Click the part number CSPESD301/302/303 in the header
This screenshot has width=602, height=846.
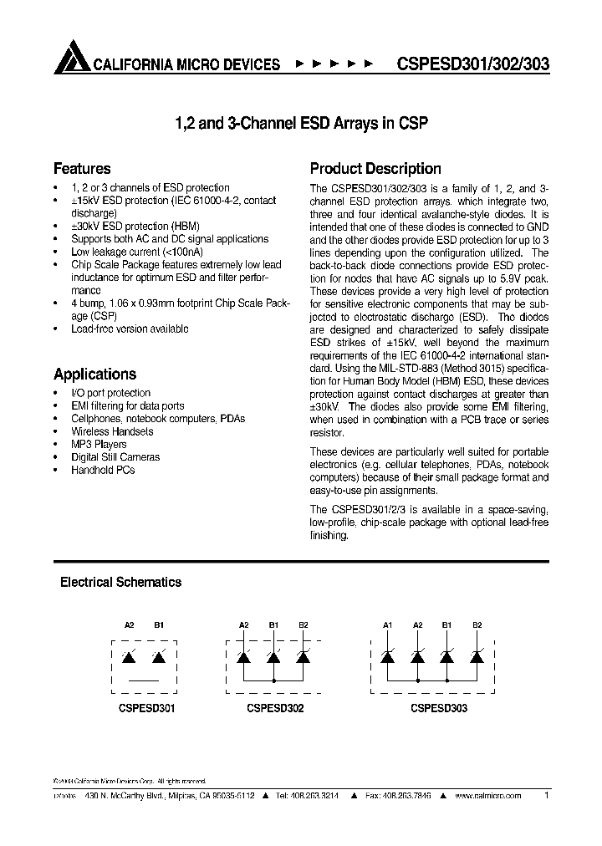[x=472, y=64]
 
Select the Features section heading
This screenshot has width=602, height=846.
[x=82, y=168]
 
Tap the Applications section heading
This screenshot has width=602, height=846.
[x=94, y=374]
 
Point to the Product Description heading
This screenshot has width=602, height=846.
[x=375, y=168]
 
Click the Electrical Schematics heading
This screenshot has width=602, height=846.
[x=120, y=582]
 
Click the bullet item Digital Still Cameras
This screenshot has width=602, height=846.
[x=115, y=457]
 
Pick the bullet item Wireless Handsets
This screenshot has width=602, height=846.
[x=112, y=431]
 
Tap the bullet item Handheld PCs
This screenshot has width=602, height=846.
[x=103, y=470]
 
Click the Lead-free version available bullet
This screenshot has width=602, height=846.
[x=130, y=329]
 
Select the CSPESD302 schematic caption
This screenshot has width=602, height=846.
[x=275, y=708]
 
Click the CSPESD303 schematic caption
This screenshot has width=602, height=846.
[x=439, y=708]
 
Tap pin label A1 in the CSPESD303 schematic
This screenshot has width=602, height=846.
[x=387, y=624]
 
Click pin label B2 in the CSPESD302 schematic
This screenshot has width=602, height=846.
[x=304, y=624]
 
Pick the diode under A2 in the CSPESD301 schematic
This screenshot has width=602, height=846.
[x=129, y=657]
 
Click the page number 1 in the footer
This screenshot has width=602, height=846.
[x=546, y=796]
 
